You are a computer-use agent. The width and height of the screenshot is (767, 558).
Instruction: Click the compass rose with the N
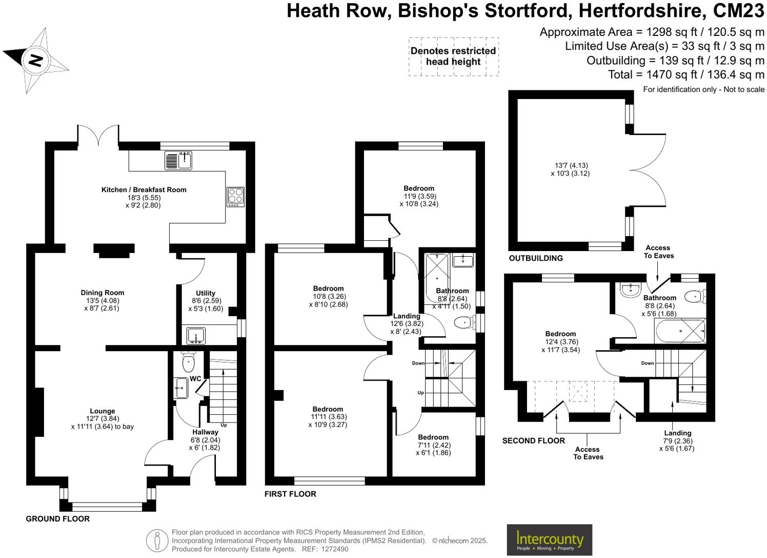coord(35,61)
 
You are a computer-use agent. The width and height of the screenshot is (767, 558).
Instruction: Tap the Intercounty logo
coord(549,540)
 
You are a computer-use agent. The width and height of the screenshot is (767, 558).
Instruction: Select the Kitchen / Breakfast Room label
coord(144,190)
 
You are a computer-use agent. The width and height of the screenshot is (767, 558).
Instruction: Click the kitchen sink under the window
coord(178,161)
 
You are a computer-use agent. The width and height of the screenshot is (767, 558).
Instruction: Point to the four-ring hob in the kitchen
coord(235,197)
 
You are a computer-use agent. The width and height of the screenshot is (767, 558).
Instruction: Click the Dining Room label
coord(103,293)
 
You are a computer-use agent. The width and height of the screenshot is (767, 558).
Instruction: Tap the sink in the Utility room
coord(195,336)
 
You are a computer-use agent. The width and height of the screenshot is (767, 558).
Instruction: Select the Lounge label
coord(103,411)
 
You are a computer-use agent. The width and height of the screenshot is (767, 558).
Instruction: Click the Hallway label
coord(205,432)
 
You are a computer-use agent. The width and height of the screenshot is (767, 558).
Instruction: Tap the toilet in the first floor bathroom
coord(463,323)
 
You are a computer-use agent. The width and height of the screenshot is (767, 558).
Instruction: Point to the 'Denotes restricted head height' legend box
coord(453,56)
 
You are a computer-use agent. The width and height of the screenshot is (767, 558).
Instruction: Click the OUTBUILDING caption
coord(536,258)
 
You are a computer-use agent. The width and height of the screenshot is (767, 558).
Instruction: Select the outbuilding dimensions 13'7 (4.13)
coord(571,165)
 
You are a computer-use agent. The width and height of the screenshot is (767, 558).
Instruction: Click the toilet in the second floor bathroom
coord(695,296)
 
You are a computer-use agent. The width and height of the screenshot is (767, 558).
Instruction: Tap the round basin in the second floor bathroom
coord(629,290)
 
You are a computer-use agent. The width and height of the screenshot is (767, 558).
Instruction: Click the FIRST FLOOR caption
coord(290,494)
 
